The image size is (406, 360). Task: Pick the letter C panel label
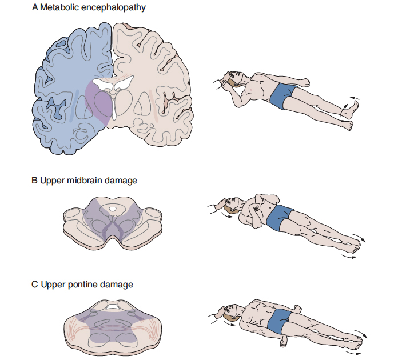[x=35, y=284]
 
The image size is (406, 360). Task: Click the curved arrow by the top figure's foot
[x=350, y=107]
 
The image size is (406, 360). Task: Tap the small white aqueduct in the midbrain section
[x=115, y=210]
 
